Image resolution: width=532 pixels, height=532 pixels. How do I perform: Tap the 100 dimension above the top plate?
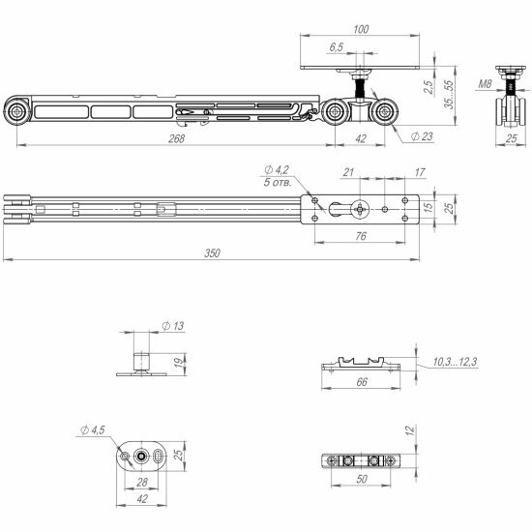(x=361, y=30)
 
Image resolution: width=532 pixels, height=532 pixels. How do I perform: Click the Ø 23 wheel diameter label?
(x=421, y=138)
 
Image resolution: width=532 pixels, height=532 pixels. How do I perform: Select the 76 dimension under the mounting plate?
(x=359, y=235)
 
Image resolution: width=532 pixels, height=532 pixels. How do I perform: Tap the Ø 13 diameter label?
(x=173, y=327)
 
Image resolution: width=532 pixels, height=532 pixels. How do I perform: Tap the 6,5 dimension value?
(x=336, y=47)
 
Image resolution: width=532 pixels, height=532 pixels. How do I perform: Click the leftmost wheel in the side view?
(x=17, y=113)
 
